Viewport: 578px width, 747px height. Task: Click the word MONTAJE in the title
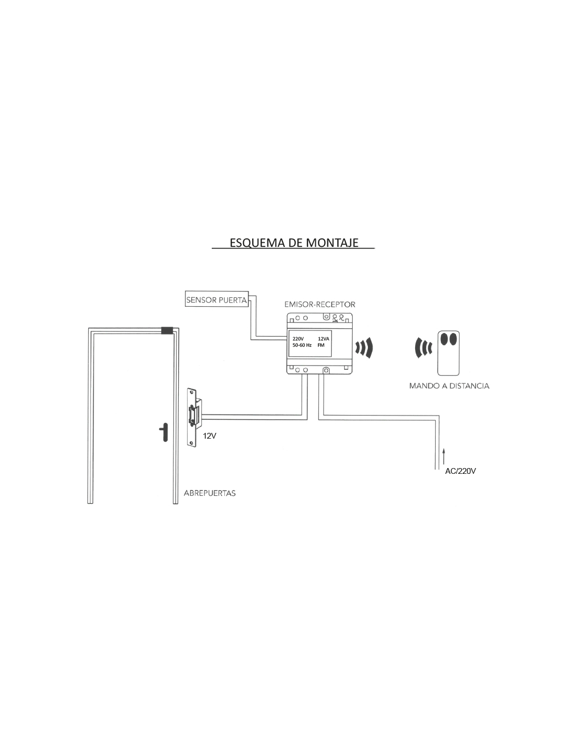(332, 243)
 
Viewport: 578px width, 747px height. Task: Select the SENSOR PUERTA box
(216, 299)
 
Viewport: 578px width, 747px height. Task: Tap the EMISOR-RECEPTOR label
(320, 304)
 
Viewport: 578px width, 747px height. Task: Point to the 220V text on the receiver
(298, 339)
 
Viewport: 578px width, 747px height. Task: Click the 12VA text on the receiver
(323, 339)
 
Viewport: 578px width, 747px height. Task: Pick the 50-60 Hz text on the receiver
(302, 345)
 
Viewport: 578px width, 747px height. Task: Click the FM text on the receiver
(321, 345)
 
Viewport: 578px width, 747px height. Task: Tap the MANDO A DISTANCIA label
(449, 386)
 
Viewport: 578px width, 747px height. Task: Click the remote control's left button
(445, 339)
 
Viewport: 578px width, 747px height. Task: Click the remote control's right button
(453, 339)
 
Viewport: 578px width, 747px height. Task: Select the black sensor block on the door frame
(168, 330)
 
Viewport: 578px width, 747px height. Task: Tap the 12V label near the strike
(210, 436)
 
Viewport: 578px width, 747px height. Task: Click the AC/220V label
(460, 471)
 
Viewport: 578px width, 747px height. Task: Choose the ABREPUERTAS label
(210, 493)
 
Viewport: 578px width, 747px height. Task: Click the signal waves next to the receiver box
(364, 348)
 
